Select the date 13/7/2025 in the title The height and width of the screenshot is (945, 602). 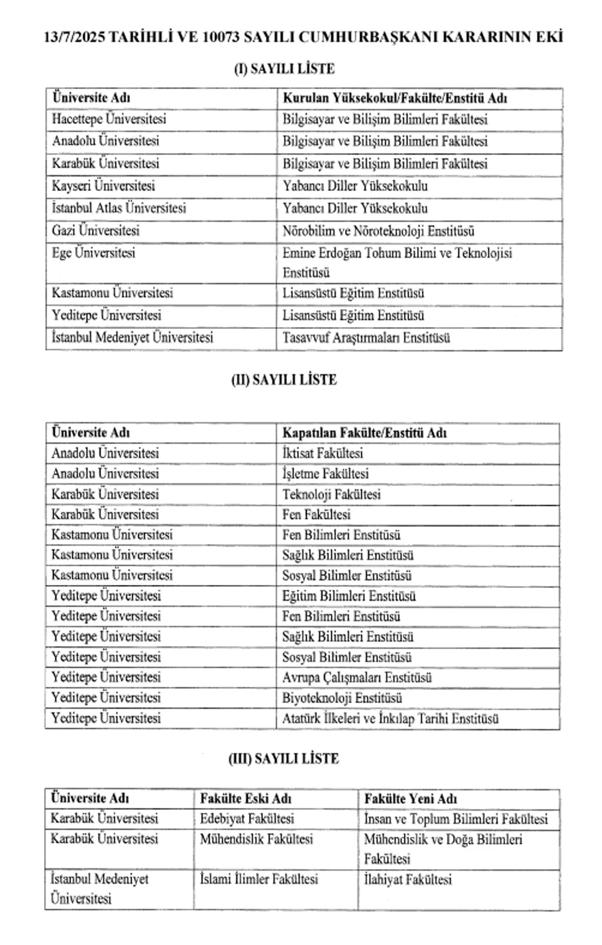coord(75,38)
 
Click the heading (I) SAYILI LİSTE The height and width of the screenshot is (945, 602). coord(284,69)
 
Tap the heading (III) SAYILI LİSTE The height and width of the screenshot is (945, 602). coord(283,758)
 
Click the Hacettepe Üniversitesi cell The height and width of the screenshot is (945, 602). coord(109,119)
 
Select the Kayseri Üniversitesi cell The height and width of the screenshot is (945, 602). coord(103,186)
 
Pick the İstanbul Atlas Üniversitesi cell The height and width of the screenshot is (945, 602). coord(119,208)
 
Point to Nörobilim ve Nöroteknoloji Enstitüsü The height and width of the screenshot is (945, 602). coord(378,231)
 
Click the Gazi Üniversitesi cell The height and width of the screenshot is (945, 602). coord(96,231)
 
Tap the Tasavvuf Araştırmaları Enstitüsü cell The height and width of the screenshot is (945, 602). coord(366,338)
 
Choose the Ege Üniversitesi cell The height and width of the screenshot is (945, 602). coord(94,253)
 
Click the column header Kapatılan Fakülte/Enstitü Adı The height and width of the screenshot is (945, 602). coord(364,433)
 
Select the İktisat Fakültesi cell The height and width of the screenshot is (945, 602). coord(323,453)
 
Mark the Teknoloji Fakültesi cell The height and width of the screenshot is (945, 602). coord(331,495)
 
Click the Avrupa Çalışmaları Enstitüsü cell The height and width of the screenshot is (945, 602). coord(357,678)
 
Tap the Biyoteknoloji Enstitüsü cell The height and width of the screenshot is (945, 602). coord(342,698)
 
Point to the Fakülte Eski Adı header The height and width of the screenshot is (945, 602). coord(246,799)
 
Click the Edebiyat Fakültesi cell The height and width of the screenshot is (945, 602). coord(247,819)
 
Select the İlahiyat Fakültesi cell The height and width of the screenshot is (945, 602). coord(408,879)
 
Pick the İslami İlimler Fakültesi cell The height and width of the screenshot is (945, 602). coord(259,879)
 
